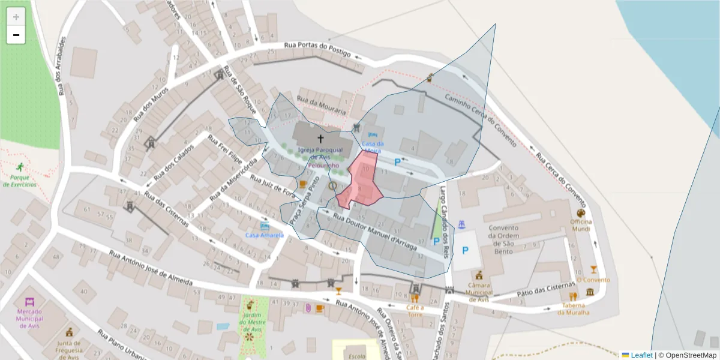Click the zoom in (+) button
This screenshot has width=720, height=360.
(16, 17)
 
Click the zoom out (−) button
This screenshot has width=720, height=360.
(16, 35)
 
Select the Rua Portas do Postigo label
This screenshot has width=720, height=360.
(317, 49)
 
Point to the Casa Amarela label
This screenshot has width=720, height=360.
(264, 235)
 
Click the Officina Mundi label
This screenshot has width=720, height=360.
(581, 225)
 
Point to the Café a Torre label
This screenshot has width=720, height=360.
(415, 311)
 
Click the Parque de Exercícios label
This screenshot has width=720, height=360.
(19, 181)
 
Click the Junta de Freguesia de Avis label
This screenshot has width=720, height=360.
(70, 347)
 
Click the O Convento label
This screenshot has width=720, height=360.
(593, 280)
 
